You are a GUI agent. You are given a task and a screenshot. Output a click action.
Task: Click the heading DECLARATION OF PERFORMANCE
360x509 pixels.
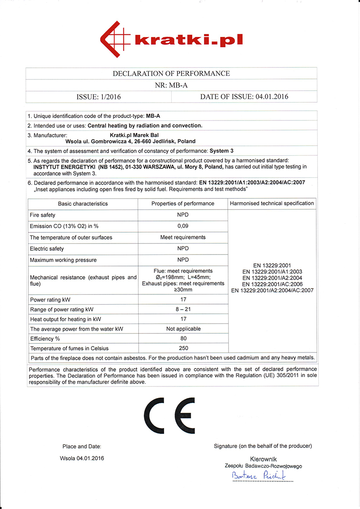(x=171, y=73)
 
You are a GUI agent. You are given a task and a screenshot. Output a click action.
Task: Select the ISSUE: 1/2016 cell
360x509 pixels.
(x=98, y=97)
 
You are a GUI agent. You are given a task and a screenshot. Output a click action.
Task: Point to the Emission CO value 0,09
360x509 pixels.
(x=183, y=226)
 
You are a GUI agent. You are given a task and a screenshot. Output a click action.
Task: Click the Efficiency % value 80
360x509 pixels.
(x=183, y=338)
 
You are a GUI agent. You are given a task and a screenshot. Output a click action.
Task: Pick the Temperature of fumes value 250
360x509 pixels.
(x=183, y=348)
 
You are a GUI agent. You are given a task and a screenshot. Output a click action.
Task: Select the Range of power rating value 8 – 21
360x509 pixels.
(x=183, y=309)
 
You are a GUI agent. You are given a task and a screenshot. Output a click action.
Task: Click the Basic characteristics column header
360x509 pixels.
(x=83, y=204)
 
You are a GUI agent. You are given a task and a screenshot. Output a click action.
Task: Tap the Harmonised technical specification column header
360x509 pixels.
(x=272, y=204)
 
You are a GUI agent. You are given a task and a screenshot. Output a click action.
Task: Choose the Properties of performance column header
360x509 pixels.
(x=183, y=204)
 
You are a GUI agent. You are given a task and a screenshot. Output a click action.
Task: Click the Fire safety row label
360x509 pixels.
(x=42, y=215)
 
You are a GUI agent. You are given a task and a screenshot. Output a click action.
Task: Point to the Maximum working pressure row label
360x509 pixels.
(x=63, y=260)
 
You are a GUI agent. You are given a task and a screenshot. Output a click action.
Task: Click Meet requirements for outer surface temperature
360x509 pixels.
(x=183, y=237)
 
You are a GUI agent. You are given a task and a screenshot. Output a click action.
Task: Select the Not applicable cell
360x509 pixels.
(x=183, y=329)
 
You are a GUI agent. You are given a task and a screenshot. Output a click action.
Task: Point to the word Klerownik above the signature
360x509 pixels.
(x=263, y=459)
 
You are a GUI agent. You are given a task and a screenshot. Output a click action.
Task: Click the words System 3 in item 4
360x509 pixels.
(x=221, y=151)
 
